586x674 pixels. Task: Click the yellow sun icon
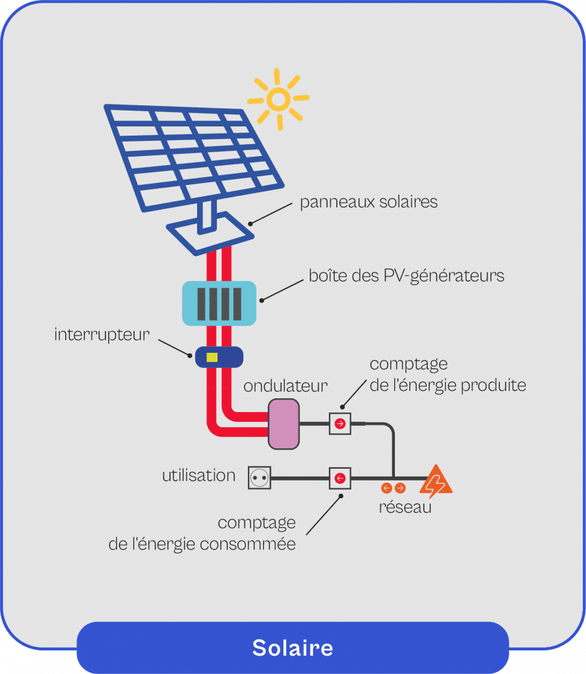click(x=278, y=100)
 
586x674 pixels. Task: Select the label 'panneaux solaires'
click(x=368, y=201)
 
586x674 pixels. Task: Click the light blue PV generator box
click(x=219, y=303)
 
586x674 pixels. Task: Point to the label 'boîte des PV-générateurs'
click(x=406, y=275)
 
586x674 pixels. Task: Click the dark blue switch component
click(x=219, y=357)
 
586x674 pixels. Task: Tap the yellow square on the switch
click(x=212, y=357)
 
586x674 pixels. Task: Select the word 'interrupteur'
click(x=102, y=334)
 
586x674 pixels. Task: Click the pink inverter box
click(x=283, y=424)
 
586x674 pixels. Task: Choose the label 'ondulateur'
click(x=285, y=386)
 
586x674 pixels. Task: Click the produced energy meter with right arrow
click(x=340, y=424)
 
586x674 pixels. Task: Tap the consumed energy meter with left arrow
click(x=340, y=478)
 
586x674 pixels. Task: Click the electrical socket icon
click(x=260, y=478)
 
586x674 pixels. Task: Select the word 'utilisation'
click(x=198, y=475)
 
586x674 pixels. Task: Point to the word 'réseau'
click(x=405, y=507)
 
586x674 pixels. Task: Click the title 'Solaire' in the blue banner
click(x=293, y=648)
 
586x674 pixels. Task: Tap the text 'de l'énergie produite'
click(x=448, y=385)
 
